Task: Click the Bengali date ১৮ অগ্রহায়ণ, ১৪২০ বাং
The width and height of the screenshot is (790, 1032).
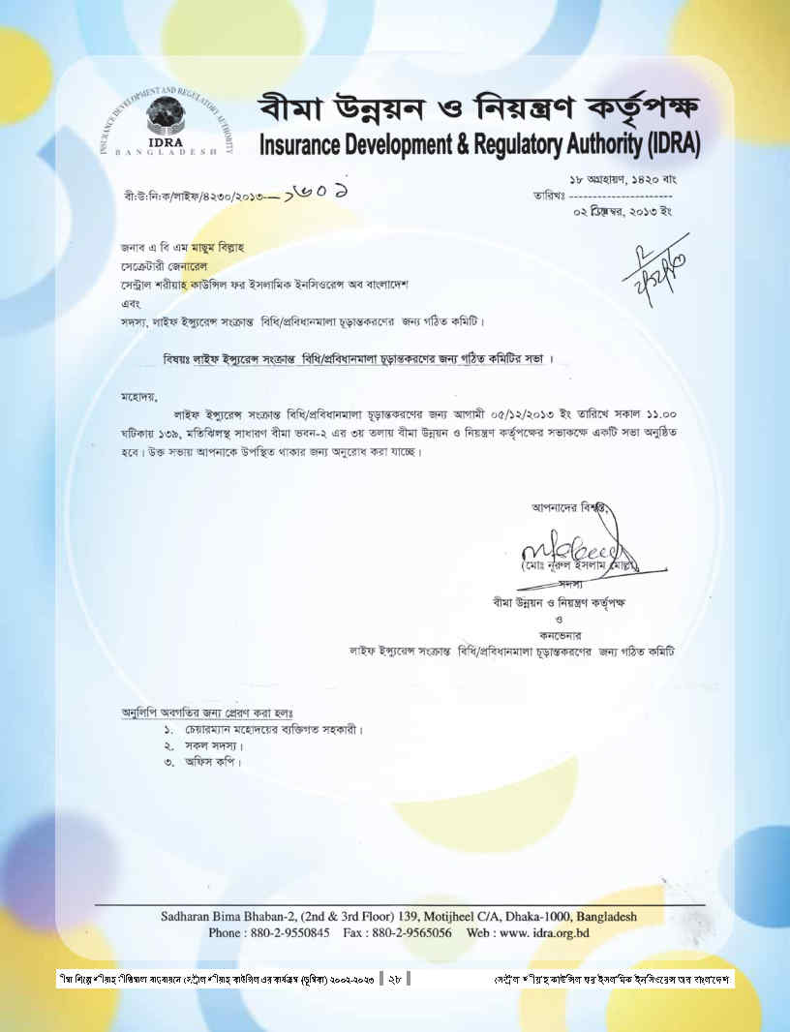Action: pyautogui.click(x=623, y=179)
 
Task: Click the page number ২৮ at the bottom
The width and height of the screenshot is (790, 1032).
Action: pyautogui.click(x=395, y=980)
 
